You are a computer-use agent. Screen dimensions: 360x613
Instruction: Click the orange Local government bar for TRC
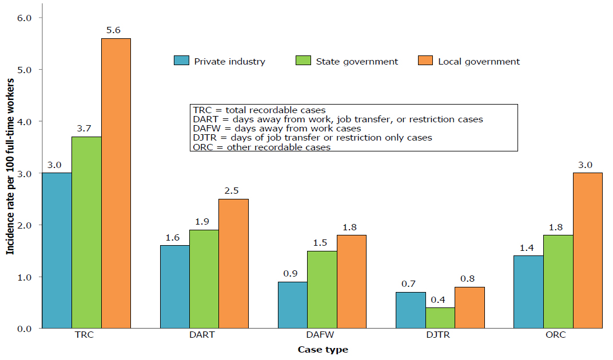point(116,183)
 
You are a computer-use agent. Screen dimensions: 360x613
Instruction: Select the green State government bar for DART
point(204,279)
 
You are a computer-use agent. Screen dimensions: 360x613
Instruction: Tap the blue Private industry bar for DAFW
point(292,305)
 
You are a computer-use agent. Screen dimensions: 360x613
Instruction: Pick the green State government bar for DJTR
point(440,318)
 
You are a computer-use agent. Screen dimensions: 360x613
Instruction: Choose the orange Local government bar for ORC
point(587,250)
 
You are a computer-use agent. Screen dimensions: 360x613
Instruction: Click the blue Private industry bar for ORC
point(528,291)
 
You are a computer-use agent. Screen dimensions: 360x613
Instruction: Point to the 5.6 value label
point(113,30)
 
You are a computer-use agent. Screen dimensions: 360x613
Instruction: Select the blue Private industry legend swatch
point(181,61)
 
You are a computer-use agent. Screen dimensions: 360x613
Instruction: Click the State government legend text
point(357,62)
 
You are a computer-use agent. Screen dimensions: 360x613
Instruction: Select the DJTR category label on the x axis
point(440,335)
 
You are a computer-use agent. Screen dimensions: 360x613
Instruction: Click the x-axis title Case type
point(323,349)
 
